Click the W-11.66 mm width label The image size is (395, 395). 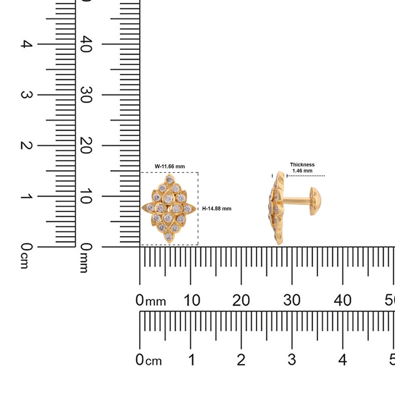click(170, 166)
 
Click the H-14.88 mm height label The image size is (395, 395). click(217, 208)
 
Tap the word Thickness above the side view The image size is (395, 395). click(302, 164)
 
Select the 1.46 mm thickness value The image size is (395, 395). click(302, 171)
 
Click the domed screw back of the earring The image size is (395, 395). click(315, 201)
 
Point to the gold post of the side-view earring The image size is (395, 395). click(297, 201)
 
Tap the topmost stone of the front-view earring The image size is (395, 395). click(170, 180)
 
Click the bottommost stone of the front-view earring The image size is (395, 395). click(168, 236)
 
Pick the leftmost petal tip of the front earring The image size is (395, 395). click(142, 208)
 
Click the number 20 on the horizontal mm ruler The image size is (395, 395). click(241, 300)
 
